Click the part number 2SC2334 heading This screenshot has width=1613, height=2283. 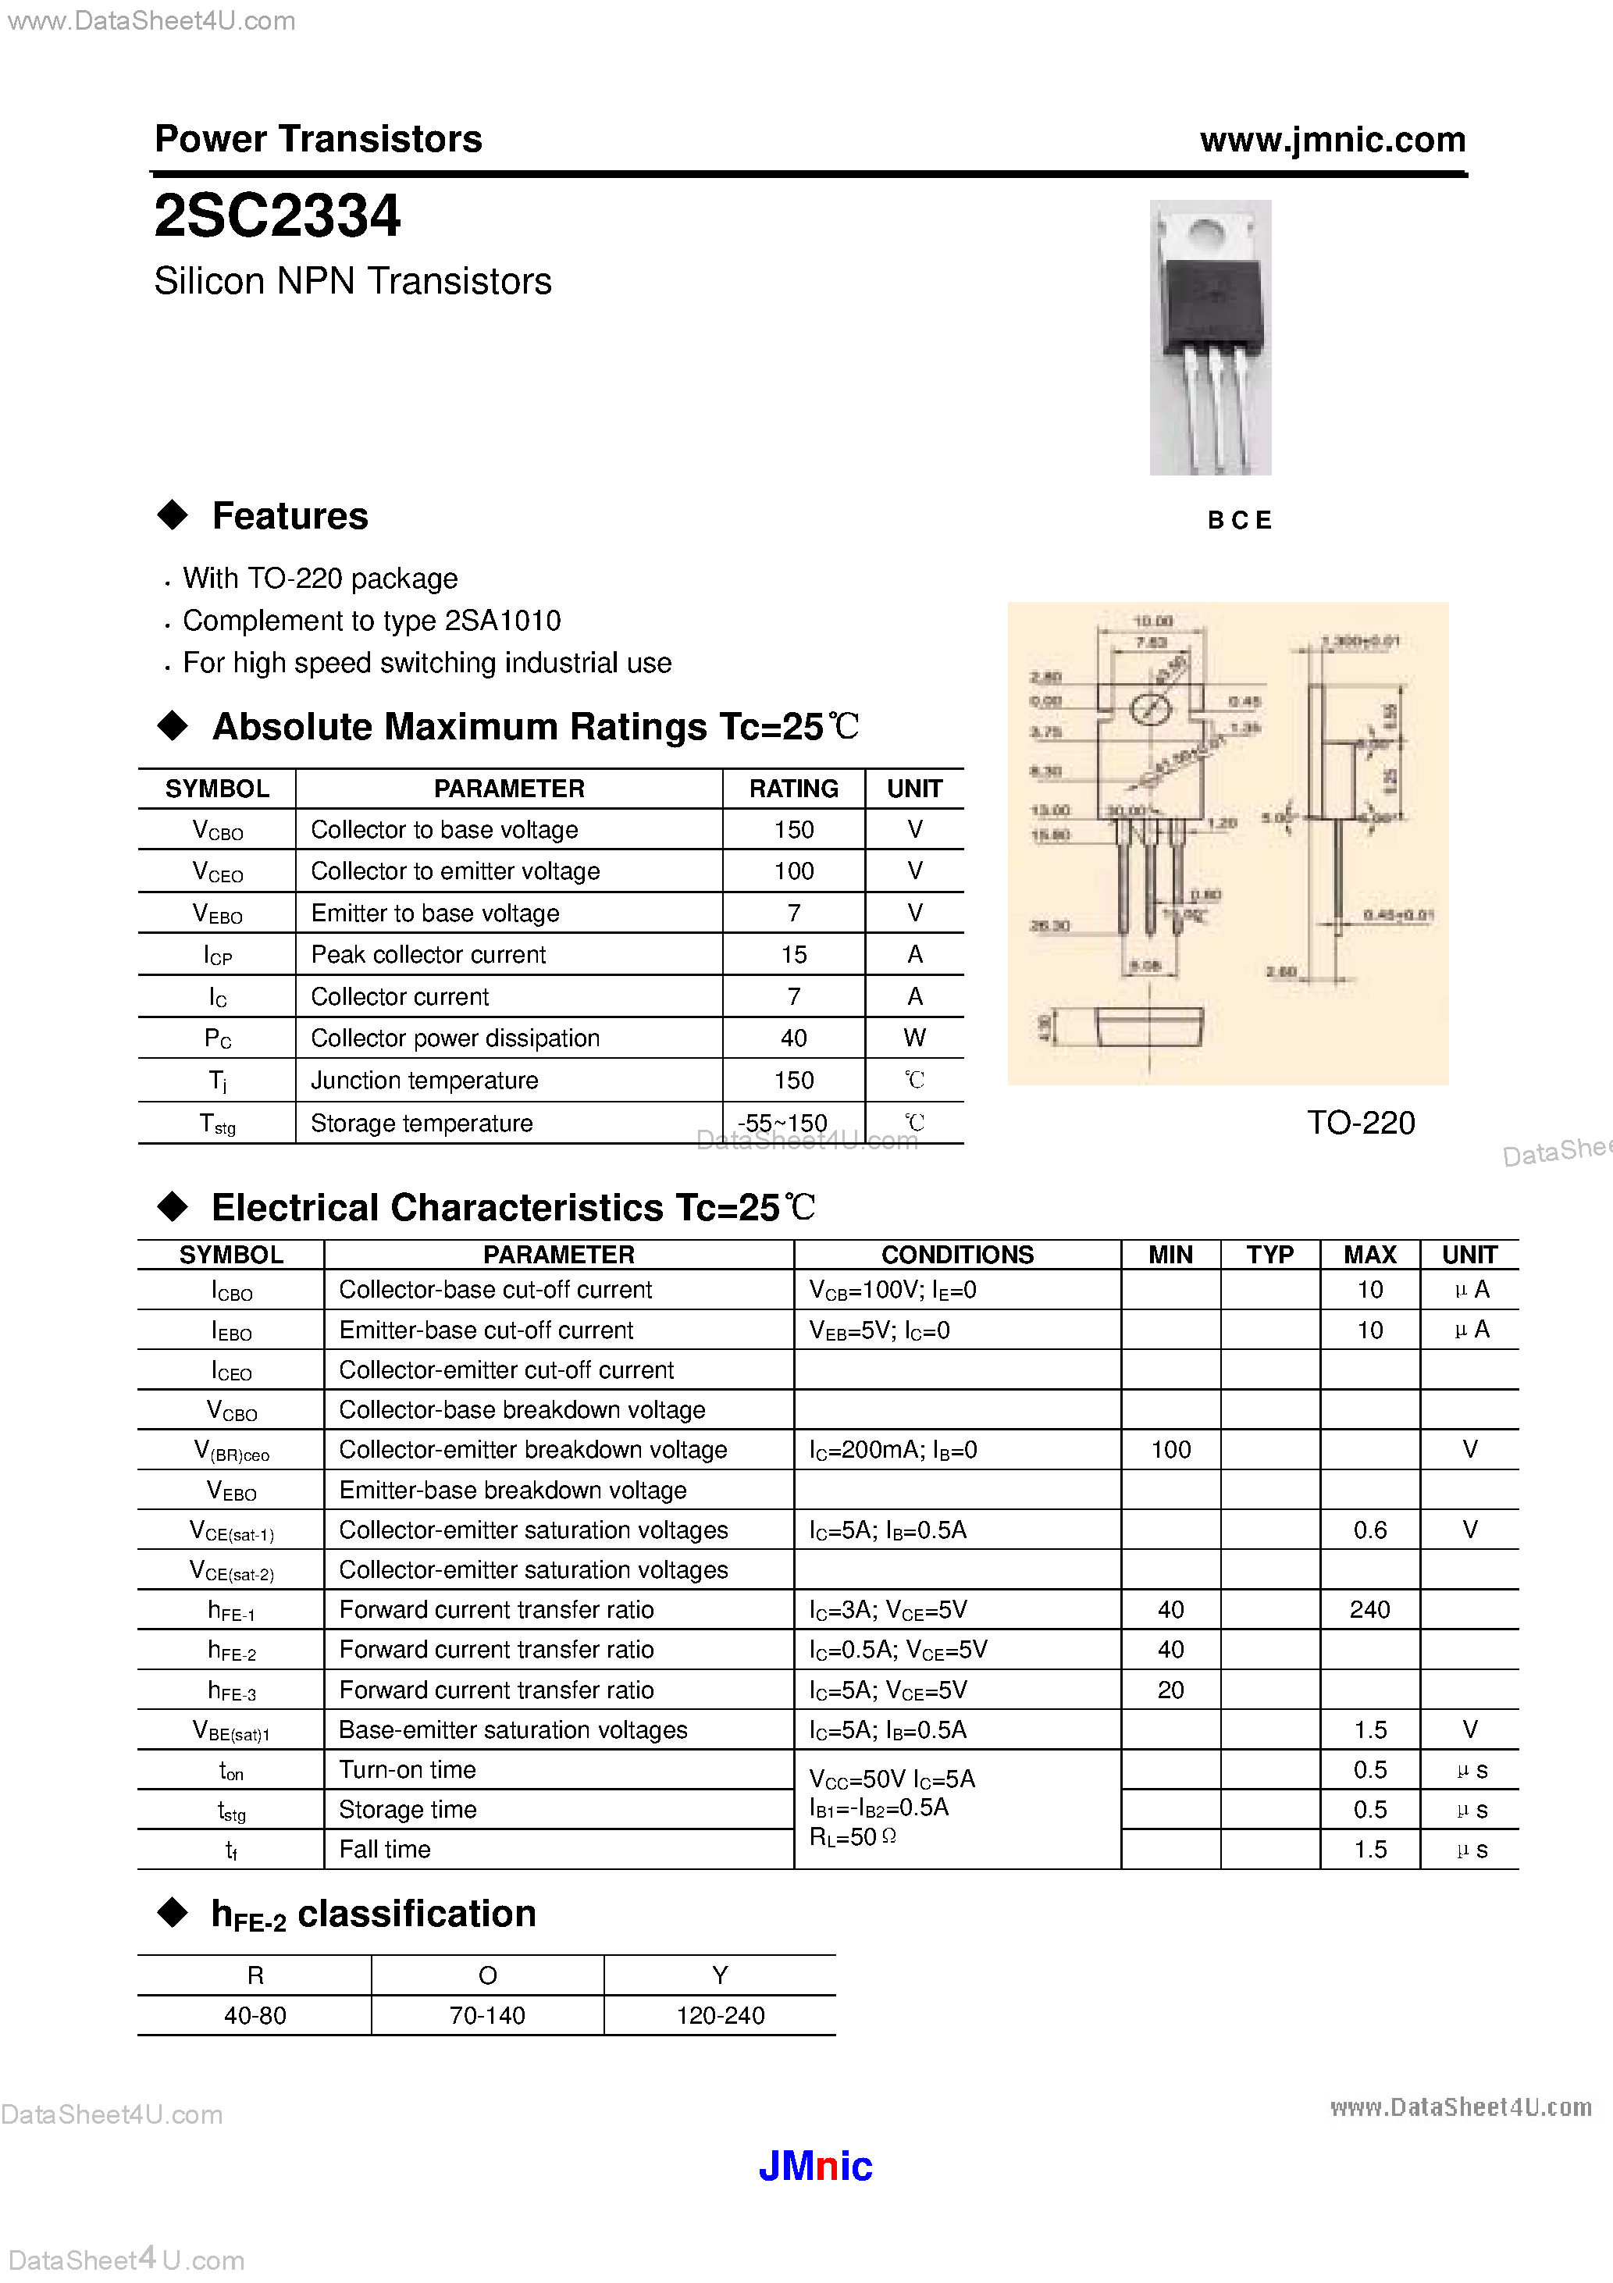click(277, 215)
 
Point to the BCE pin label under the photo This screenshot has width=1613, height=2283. click(1239, 520)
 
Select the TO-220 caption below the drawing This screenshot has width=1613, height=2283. click(1359, 1123)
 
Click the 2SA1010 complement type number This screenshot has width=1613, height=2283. click(502, 621)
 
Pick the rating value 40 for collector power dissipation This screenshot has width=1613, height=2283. click(793, 1038)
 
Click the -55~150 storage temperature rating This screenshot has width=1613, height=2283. click(782, 1123)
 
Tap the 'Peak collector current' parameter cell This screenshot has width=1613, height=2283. click(429, 955)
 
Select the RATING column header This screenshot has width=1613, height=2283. click(793, 789)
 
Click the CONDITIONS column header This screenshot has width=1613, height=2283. click(958, 1255)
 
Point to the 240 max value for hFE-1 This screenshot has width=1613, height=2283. click(1369, 1609)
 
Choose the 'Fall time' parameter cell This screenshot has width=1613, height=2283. click(385, 1850)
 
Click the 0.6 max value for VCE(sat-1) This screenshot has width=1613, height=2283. click(1369, 1530)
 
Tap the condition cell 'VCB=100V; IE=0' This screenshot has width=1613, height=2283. click(893, 1290)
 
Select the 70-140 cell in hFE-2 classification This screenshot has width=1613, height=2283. click(487, 2015)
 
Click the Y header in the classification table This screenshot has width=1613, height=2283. click(720, 1975)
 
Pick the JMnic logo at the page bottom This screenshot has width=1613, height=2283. click(815, 2167)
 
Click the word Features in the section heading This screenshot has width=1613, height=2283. click(290, 516)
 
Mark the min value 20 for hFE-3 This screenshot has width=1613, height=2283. click(1170, 1690)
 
